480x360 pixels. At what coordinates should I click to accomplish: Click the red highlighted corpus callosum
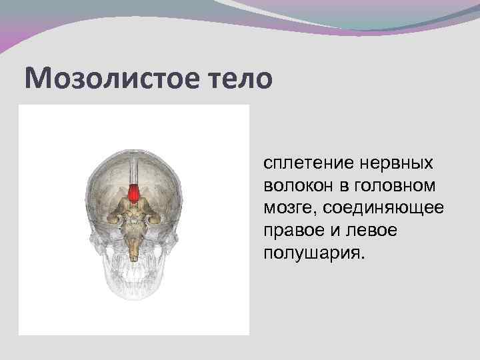click(x=135, y=193)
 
